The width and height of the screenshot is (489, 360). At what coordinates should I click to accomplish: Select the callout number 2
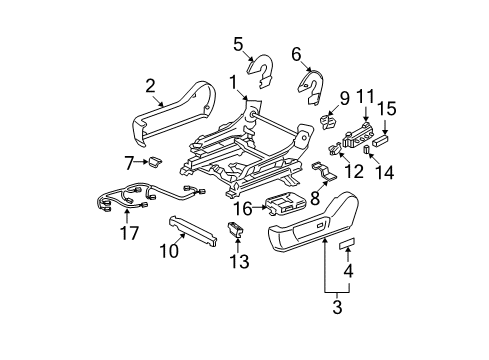coord(150,85)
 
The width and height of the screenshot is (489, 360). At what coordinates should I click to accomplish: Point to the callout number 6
coord(296,53)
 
